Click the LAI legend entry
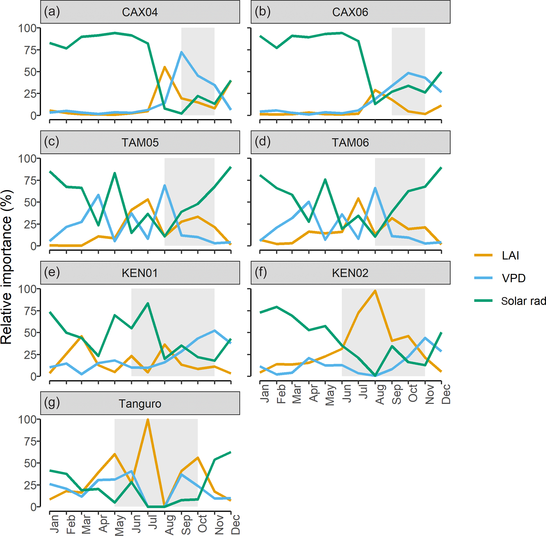510,256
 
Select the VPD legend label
513,278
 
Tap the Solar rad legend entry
523,301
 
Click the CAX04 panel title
140,12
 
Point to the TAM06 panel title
350,142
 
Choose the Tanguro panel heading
140,404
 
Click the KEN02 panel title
350,273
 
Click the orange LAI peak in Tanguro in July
148,420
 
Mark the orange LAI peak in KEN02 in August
375,291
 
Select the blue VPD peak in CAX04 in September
181,52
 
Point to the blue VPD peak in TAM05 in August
165,185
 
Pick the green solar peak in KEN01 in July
148,303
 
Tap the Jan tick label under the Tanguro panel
54,524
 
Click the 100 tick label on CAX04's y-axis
27,28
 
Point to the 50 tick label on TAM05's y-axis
30,202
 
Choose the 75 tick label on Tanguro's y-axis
30,441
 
